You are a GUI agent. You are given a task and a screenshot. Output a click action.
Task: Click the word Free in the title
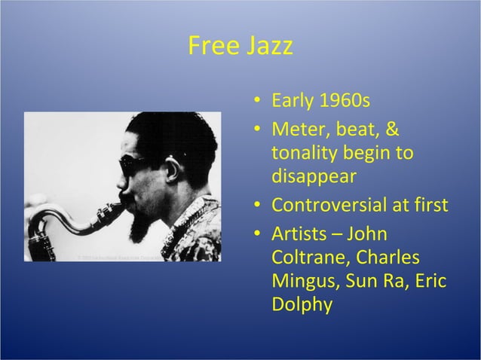click(213, 47)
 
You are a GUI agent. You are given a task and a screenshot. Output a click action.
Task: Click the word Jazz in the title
click(267, 47)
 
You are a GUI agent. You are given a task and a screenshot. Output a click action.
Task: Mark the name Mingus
click(301, 282)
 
